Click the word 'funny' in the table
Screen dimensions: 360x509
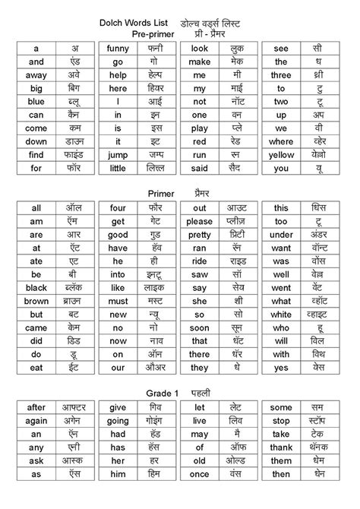coord(118,48)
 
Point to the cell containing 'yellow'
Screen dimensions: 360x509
coord(281,155)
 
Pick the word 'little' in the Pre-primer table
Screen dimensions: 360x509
coord(118,169)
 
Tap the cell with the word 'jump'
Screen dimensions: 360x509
coord(118,155)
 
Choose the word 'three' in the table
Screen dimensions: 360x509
coord(281,75)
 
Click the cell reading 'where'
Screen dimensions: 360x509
coord(281,141)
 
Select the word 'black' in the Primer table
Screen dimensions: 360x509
coord(36,288)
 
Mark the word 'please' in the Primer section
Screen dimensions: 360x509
coord(200,221)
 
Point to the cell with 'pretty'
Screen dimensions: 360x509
coord(200,234)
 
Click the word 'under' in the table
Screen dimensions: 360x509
coord(281,234)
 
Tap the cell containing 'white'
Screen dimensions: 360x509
coord(281,315)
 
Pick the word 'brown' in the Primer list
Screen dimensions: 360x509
coord(36,301)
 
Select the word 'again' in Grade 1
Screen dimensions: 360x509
coord(36,421)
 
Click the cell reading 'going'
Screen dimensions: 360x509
coord(118,421)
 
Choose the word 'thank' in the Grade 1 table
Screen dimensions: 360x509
coord(281,447)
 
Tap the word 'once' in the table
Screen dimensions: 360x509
coord(200,474)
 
